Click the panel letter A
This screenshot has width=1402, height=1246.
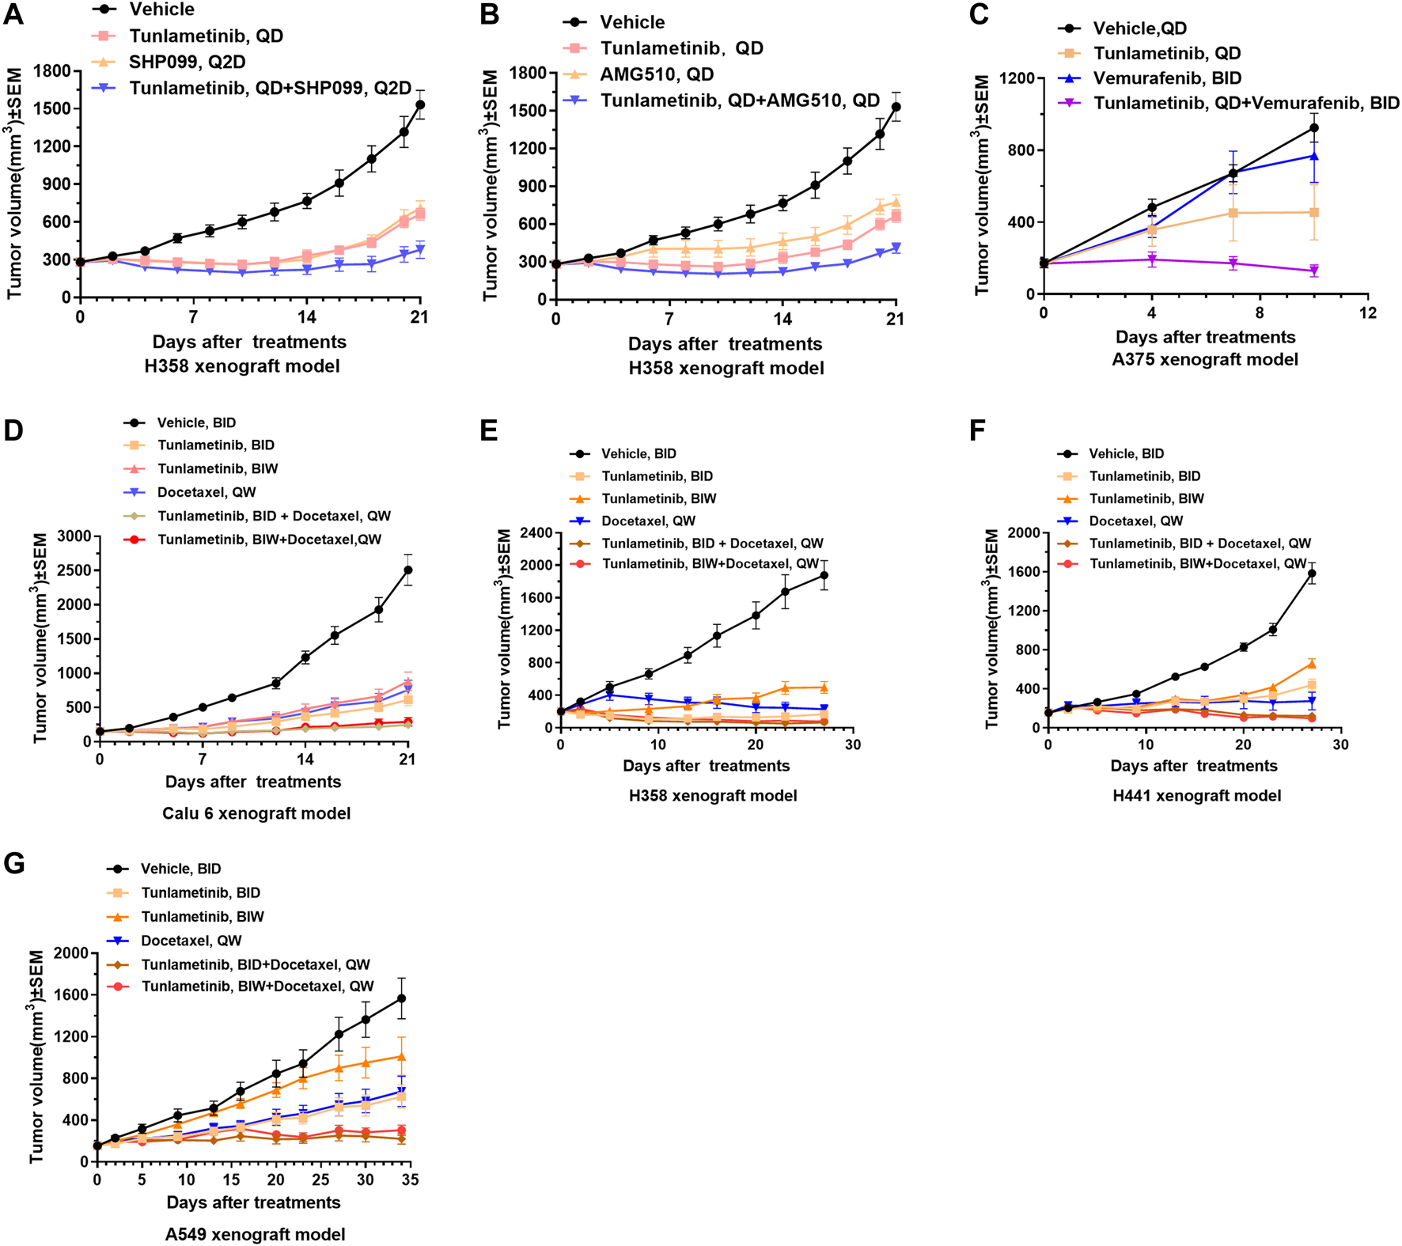[13, 15]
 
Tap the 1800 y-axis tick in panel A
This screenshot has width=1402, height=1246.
[53, 71]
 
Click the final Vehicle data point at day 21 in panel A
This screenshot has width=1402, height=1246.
[420, 104]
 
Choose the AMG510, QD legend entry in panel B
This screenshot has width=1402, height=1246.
[657, 74]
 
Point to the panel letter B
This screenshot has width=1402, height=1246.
[490, 15]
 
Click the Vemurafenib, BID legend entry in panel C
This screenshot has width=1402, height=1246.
[1167, 78]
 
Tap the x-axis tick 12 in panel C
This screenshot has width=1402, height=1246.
[1367, 313]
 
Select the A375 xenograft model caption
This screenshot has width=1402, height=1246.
[1205, 360]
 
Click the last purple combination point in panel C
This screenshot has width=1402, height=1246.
[1314, 271]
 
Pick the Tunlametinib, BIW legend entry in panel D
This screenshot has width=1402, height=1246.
[218, 469]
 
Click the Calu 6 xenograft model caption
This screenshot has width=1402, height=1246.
[256, 813]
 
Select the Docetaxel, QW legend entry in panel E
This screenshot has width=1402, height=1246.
[648, 521]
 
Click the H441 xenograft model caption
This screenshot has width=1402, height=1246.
[1196, 796]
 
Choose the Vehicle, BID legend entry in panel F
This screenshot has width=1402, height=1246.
[1126, 454]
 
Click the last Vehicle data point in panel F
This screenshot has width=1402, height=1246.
[1312, 574]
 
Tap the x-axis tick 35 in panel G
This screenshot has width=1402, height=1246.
[410, 1180]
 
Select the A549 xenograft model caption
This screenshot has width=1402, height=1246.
[255, 1234]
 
